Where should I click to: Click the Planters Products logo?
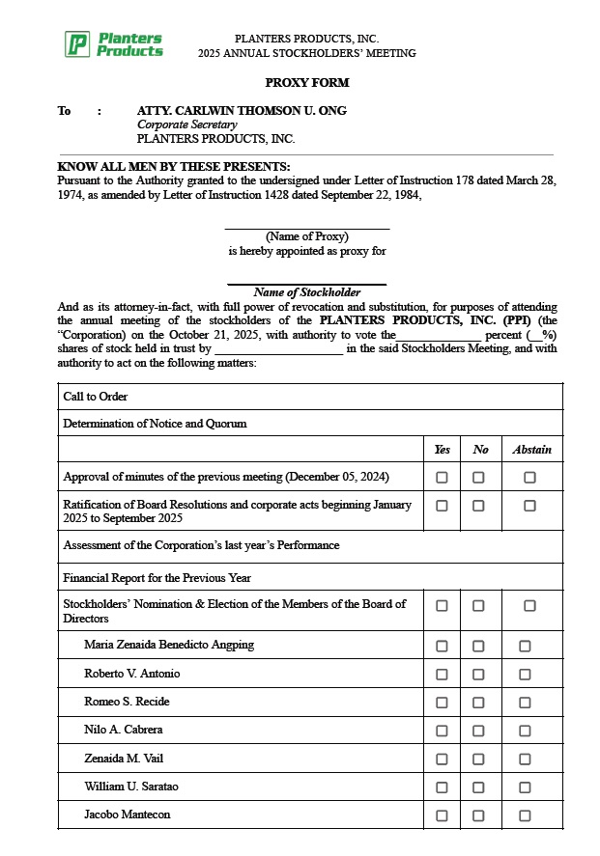coord(114,44)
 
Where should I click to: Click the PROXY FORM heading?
coord(307,83)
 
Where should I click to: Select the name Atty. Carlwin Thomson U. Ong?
coord(242,111)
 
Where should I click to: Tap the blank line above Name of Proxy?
coord(307,227)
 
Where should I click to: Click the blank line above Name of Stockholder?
coord(307,283)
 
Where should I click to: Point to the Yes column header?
coord(442,450)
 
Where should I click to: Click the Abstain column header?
coord(531,450)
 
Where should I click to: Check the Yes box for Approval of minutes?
coord(442,477)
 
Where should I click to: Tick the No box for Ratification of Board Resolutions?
coord(478,506)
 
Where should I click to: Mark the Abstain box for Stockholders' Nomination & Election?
coord(529,606)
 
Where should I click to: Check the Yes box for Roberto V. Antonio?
coord(442,674)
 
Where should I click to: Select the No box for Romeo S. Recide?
coord(478,703)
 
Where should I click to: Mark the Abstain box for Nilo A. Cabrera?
coord(525,731)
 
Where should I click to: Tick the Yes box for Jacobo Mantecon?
coord(442,815)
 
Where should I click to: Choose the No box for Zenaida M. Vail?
coord(478,759)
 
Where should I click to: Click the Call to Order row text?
coord(96,397)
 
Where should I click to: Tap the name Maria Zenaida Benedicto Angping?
coord(169,645)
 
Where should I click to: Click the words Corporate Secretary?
coord(186,124)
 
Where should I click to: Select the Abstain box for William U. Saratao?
coord(525,787)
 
